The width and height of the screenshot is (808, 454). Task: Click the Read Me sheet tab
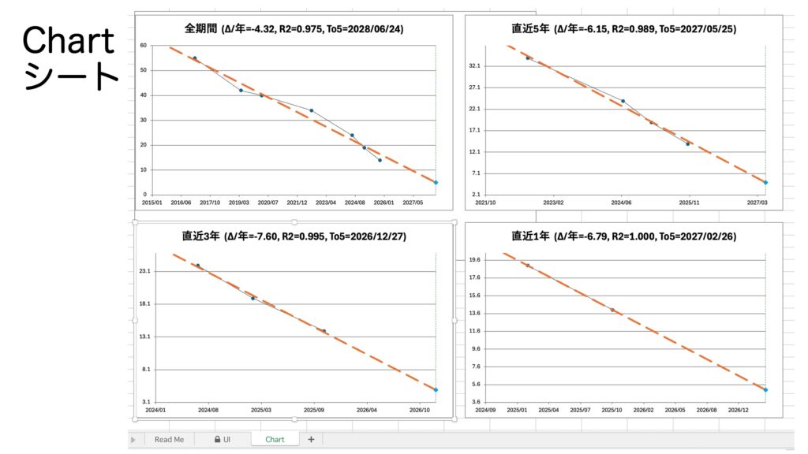coord(169,439)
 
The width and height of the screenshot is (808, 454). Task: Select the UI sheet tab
coord(222,439)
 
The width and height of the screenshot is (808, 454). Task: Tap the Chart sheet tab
coord(275,439)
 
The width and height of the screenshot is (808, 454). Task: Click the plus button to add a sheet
coord(311,439)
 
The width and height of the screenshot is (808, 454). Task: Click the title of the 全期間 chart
coord(294,29)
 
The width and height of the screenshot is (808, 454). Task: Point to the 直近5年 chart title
coord(623,29)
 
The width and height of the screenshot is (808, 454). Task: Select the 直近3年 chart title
coord(294,236)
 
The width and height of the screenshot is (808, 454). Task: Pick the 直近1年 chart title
coord(623,236)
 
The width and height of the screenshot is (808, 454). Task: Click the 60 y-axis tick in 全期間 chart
coord(143,46)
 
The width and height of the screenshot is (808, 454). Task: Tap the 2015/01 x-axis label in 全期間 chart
coord(152,203)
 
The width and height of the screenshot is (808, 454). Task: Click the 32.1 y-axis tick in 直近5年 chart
coord(474,66)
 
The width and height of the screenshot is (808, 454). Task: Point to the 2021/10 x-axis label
coord(485,203)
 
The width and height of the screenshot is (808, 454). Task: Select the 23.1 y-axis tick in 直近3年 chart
coord(144,271)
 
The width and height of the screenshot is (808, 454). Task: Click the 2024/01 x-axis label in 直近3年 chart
coord(156,410)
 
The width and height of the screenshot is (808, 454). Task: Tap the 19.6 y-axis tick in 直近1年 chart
coord(474,259)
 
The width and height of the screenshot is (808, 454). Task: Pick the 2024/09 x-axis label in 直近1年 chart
coord(485,410)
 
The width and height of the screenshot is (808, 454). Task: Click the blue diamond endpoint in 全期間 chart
coord(436,182)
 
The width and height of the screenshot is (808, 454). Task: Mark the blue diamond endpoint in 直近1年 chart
coord(765,389)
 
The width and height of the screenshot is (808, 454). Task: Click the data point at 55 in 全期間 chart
coord(195,58)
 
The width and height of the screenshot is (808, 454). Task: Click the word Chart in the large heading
coord(68,42)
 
